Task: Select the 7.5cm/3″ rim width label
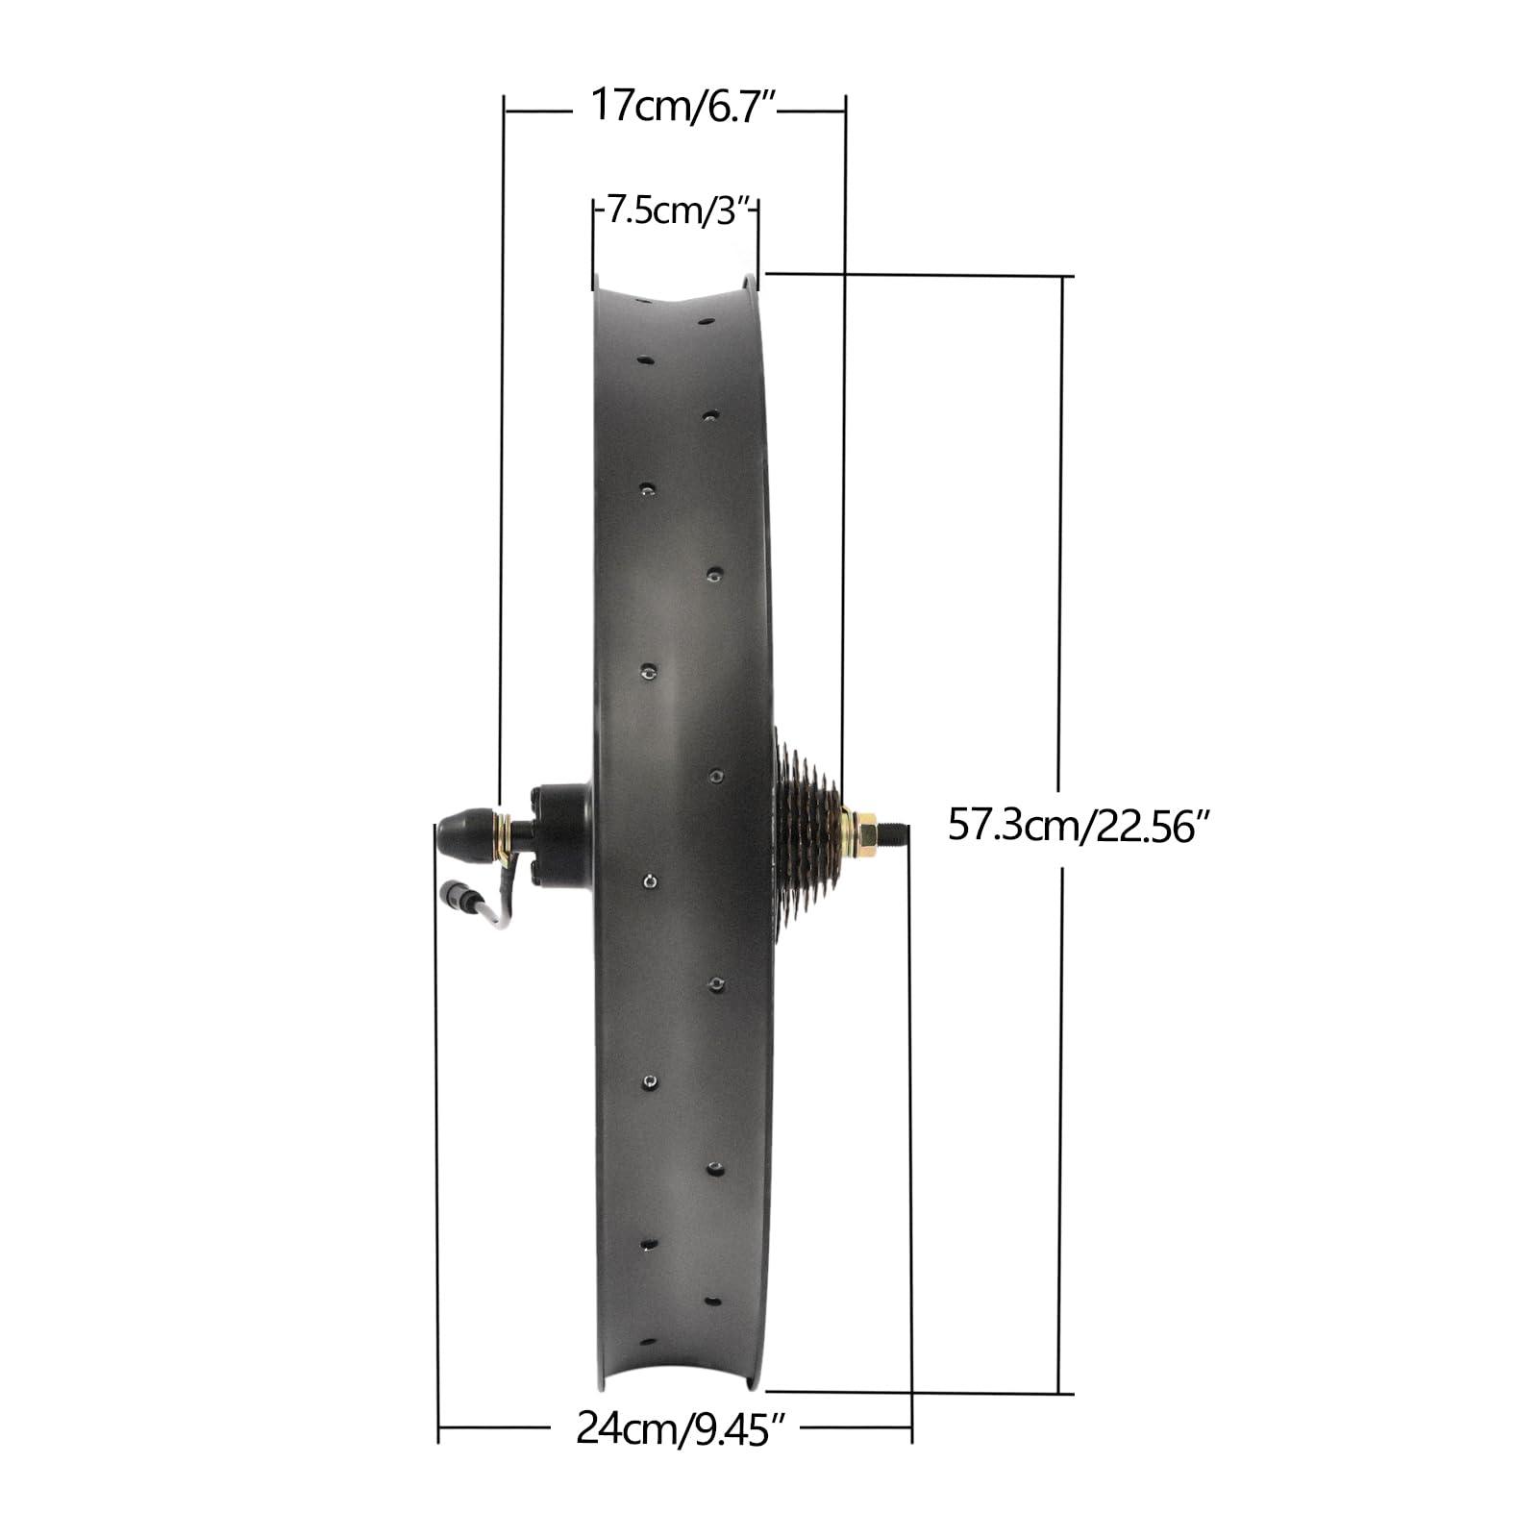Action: point(679,211)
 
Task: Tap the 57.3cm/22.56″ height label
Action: point(1077,826)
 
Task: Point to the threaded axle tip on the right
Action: point(893,830)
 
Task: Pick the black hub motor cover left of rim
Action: point(560,834)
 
